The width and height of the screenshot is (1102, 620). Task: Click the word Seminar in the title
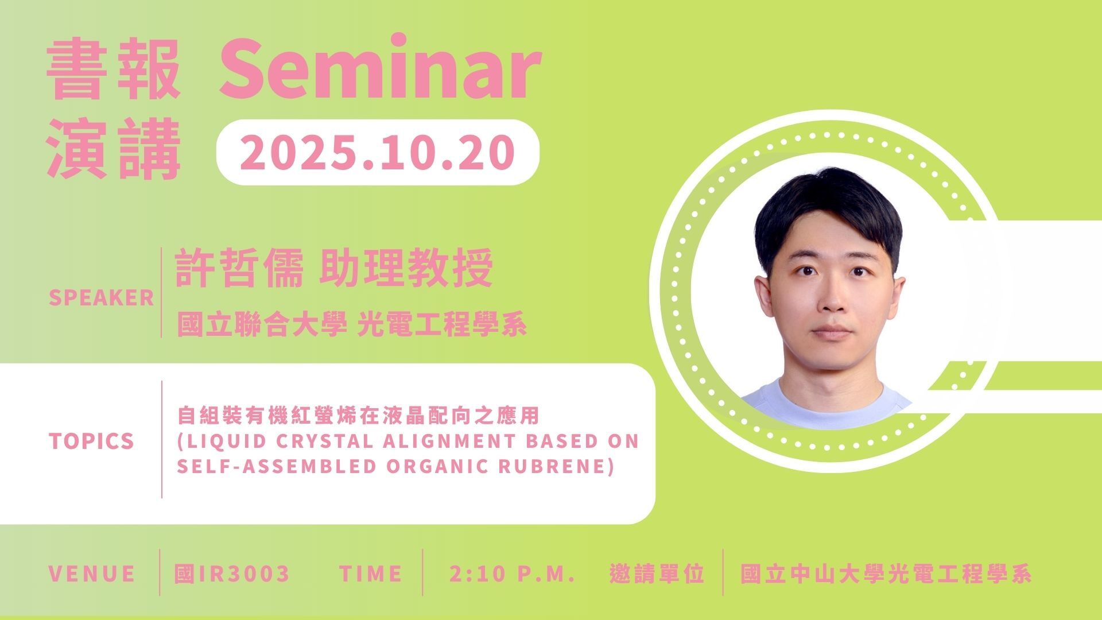(x=379, y=68)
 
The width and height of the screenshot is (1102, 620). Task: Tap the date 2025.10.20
(x=377, y=152)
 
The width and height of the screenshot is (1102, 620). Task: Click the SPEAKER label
(x=102, y=298)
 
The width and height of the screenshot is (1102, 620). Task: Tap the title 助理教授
(x=406, y=269)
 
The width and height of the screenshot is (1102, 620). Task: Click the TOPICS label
(x=91, y=441)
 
